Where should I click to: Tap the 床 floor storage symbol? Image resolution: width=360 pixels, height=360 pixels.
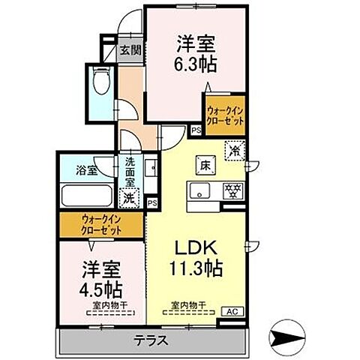coord(204,162)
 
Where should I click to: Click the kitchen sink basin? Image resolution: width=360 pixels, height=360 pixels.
coord(201,190)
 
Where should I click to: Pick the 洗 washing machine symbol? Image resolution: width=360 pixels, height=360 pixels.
coord(130,199)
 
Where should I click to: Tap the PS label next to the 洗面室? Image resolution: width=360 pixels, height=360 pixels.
coord(152,202)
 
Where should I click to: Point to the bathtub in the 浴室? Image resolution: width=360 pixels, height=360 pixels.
coord(86,196)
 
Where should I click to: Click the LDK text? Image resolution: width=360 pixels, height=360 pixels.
coord(196,247)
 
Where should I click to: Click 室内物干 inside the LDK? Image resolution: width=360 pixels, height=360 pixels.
coord(189,305)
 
